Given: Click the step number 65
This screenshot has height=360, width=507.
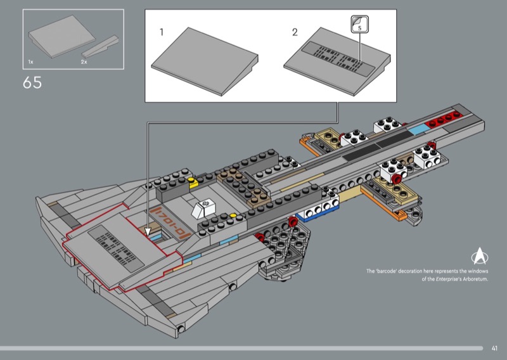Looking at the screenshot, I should pos(32,82).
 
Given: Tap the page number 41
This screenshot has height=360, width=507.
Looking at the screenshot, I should pos(495,347).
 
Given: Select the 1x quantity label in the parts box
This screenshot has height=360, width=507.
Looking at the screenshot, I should pos(30,61).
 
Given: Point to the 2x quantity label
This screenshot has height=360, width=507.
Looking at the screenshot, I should pos(84,61).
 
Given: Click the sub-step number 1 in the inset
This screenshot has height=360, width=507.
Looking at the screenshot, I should pos(162,32).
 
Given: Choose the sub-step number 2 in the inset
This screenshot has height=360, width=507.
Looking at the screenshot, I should pos(295,32).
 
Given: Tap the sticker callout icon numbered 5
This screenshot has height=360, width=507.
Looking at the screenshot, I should pos(359,26).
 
